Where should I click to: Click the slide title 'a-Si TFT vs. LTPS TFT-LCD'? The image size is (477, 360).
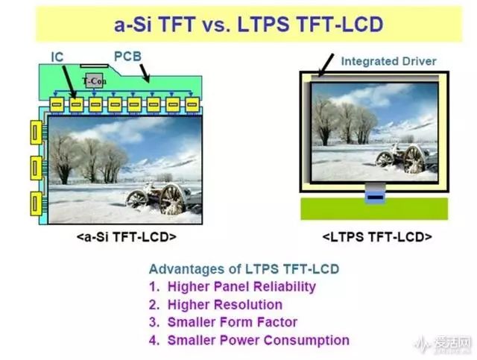tap(248, 25)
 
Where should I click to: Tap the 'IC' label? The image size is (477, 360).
tap(57, 57)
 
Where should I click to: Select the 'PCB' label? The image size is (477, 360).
tap(127, 57)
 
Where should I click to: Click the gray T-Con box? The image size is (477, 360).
tap(94, 80)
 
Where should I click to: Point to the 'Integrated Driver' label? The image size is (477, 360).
tap(388, 61)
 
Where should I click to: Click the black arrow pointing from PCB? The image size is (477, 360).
tap(145, 73)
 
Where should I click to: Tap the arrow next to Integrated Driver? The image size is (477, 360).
tap(326, 65)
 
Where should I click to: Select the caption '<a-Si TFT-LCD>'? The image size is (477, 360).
tap(127, 237)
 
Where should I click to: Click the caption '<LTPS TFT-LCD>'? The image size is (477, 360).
tap(377, 237)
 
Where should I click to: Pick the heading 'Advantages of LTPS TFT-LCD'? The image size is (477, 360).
tap(244, 269)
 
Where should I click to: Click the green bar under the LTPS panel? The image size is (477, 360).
tap(374, 209)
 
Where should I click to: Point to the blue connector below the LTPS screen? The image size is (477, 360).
tap(375, 198)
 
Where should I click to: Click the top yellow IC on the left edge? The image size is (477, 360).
tap(37, 133)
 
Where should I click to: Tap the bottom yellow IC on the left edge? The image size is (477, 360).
tap(37, 203)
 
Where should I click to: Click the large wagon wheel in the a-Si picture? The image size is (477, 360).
tap(171, 200)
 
